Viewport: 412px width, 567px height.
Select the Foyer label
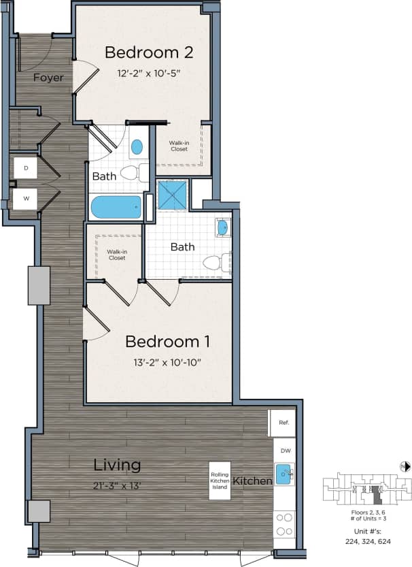(x=48, y=78)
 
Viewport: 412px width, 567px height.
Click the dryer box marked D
(x=25, y=167)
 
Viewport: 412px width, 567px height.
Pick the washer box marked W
(x=25, y=199)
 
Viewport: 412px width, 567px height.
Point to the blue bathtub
(x=116, y=206)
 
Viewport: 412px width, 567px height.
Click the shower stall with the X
(x=172, y=195)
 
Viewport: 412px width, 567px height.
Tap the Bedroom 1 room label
(x=167, y=341)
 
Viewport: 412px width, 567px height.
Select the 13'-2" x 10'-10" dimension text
(x=167, y=362)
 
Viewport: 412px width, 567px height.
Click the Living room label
(x=117, y=465)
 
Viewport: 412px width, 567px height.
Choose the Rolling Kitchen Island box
(x=220, y=481)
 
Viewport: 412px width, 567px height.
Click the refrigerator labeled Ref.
(x=282, y=423)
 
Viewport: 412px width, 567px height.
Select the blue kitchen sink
(x=284, y=472)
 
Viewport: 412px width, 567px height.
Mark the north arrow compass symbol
(x=405, y=466)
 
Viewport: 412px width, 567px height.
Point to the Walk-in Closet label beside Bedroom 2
(x=179, y=146)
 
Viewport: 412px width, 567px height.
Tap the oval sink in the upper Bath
(x=137, y=146)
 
